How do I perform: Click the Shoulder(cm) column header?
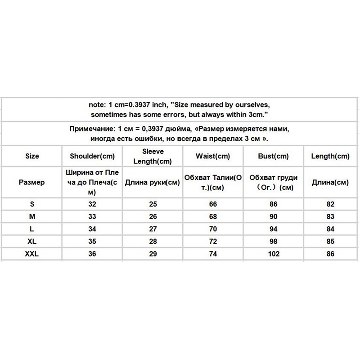[93, 156]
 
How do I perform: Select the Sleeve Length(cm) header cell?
[153, 156]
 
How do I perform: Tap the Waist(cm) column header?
[213, 156]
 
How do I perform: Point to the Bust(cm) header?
[273, 156]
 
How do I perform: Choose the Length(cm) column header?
[330, 156]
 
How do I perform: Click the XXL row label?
[32, 254]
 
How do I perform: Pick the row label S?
[32, 203]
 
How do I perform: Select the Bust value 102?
[273, 254]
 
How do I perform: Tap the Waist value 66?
[213, 203]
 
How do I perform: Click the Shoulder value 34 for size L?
[93, 229]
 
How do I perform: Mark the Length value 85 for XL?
[330, 241]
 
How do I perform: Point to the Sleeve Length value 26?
[153, 216]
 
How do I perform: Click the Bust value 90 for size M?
[273, 216]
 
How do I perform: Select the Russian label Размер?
[32, 183]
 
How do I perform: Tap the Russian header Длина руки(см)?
[153, 183]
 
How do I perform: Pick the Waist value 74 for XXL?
[213, 254]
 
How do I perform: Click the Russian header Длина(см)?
[330, 183]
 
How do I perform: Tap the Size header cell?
[32, 156]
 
